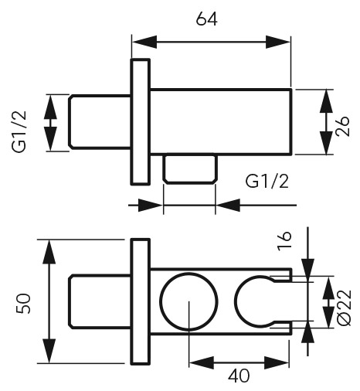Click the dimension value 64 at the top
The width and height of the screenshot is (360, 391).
click(x=206, y=19)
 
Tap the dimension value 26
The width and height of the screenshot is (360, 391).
click(x=343, y=126)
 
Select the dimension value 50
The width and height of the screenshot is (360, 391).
click(x=23, y=303)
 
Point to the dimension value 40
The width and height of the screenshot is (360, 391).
click(x=239, y=376)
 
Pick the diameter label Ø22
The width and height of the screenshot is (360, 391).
click(x=344, y=308)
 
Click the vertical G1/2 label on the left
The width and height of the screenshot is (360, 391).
click(x=19, y=131)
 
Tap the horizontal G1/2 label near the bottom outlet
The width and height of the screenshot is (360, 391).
click(x=267, y=181)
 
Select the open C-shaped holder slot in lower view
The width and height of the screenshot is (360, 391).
click(x=236, y=301)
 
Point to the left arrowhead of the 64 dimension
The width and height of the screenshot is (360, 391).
click(x=144, y=42)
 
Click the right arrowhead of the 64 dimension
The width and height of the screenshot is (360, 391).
click(x=278, y=42)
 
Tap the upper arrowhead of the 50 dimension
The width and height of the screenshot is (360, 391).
click(x=49, y=252)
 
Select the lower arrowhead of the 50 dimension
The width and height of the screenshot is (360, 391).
click(x=49, y=351)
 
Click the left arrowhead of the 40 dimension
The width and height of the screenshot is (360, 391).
click(x=202, y=363)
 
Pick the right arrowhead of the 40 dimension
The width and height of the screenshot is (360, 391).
click(x=277, y=363)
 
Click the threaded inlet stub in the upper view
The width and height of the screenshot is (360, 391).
click(x=100, y=122)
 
